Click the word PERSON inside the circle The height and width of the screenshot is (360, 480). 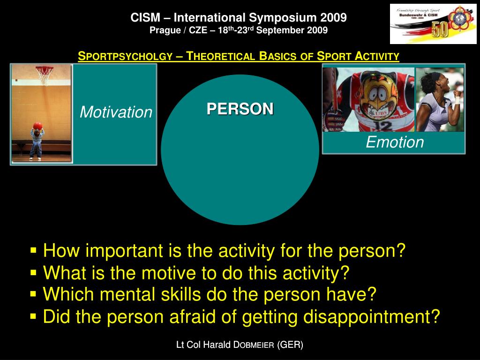click(240, 109)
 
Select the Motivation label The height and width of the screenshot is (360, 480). click(116, 112)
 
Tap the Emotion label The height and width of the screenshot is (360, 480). click(395, 142)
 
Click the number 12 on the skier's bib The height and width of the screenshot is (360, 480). click(383, 125)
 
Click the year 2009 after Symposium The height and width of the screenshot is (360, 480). click(333, 18)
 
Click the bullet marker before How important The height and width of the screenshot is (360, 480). click(33, 251)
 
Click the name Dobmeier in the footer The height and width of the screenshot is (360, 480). click(254, 345)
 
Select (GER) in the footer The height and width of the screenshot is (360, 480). click(290, 345)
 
